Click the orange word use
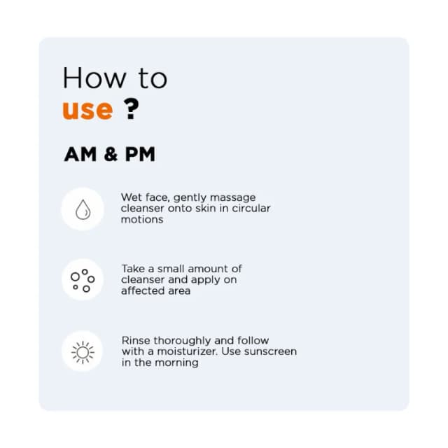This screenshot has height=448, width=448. click(87, 110)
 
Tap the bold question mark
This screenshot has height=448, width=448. click(131, 108)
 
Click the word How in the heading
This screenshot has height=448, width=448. click(94, 78)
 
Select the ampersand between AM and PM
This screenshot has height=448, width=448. click(111, 154)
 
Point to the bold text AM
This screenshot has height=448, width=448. click(80, 154)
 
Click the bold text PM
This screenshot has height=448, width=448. click(140, 154)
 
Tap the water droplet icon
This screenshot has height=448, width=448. click(83, 209)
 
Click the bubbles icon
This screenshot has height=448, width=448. click(83, 280)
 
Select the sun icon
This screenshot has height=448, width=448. click(83, 352)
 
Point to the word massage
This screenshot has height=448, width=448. click(233, 198)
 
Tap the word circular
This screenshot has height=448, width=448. click(251, 209)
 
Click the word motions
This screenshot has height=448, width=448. click(142, 220)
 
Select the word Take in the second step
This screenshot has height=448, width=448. click(134, 269)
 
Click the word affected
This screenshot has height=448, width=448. click(145, 291)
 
